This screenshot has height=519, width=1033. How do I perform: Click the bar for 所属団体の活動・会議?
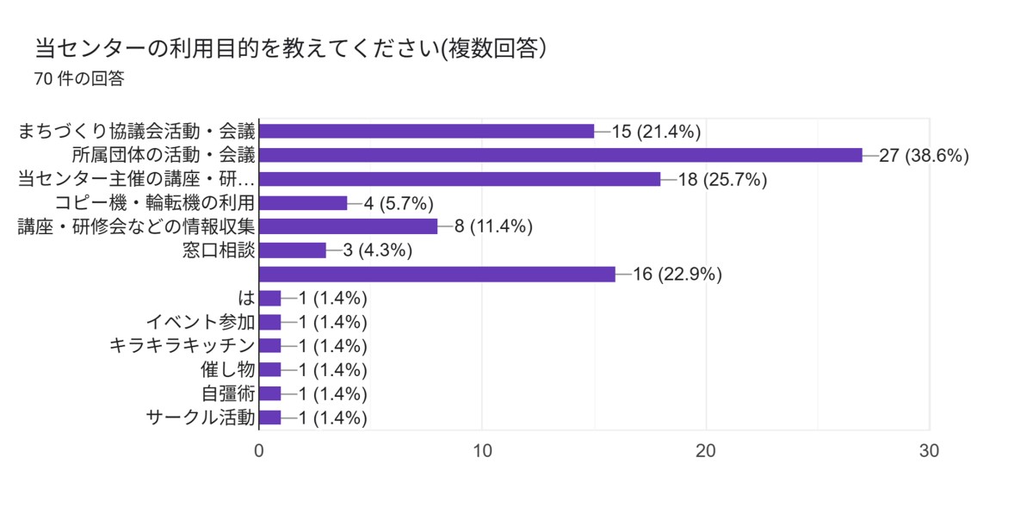[x=560, y=155]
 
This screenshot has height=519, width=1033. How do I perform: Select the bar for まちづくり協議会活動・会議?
[x=426, y=131]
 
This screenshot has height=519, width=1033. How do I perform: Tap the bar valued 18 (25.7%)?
[x=460, y=179]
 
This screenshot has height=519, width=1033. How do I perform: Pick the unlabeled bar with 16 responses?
[x=437, y=274]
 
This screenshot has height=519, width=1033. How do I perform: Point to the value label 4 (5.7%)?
[x=399, y=203]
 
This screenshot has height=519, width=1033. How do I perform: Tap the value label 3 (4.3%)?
[x=376, y=251]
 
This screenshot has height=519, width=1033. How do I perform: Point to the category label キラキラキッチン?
[x=182, y=346]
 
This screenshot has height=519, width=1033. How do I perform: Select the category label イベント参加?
[x=200, y=322]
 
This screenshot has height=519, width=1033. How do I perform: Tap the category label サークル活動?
[x=200, y=417]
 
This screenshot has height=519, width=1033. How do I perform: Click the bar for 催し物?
[x=270, y=370]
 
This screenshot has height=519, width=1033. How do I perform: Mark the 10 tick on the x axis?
[x=483, y=451]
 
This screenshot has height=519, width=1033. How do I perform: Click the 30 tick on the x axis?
[x=930, y=451]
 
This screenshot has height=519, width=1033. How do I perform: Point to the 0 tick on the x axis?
[x=259, y=451]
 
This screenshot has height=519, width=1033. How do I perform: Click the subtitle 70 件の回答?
[x=79, y=79]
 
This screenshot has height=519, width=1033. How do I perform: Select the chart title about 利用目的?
[x=292, y=48]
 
